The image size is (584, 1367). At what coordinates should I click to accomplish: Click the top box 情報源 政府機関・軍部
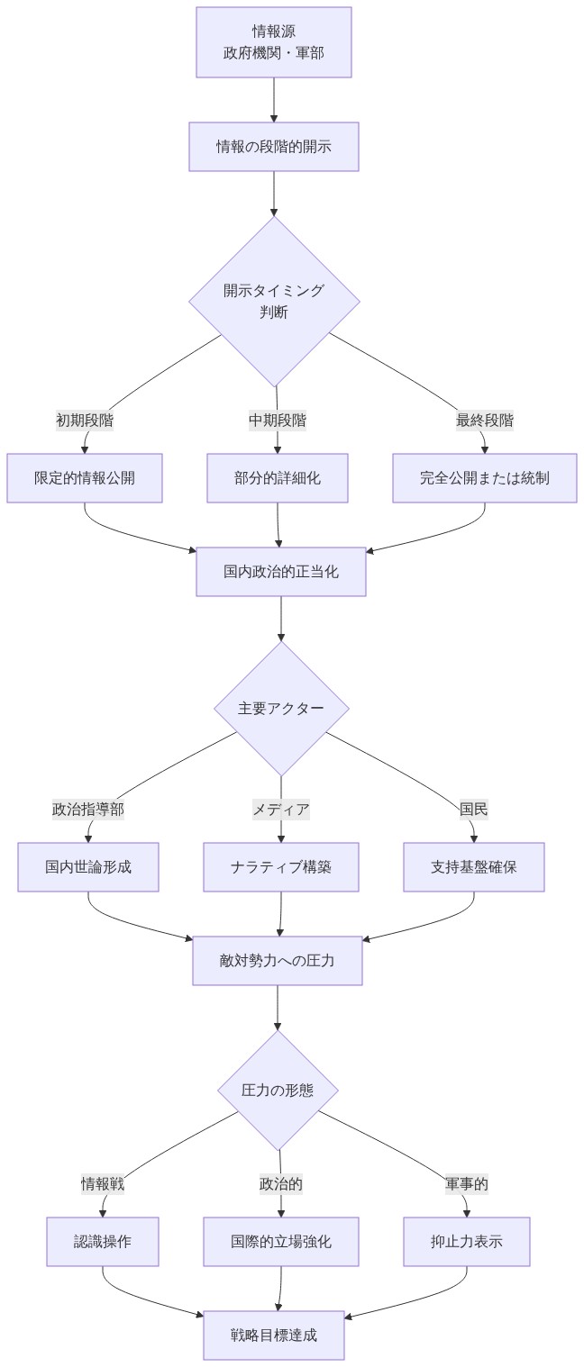pos(274,42)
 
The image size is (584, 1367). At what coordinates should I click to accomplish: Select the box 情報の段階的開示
pos(274,146)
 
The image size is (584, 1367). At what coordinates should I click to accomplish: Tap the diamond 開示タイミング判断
pos(274,301)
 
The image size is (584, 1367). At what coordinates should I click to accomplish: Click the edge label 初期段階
pos(85,420)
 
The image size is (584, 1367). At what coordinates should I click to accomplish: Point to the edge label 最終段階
pos(485,420)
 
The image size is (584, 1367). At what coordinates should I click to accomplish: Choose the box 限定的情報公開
pos(85,477)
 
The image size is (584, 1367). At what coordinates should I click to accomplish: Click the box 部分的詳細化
pos(278,477)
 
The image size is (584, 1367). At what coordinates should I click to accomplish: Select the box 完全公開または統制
pos(485,477)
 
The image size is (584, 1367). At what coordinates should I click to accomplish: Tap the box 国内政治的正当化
pos(281,571)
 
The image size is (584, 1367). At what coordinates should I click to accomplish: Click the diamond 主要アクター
pos(281,708)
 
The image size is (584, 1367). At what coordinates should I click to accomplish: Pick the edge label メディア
pos(281,809)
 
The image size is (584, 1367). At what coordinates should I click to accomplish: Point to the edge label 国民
pos(474,809)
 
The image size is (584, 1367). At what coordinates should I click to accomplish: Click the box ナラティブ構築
pos(281,866)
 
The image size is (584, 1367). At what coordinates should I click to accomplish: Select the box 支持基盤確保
pos(474,866)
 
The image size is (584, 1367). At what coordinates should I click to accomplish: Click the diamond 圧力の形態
pos(278,1090)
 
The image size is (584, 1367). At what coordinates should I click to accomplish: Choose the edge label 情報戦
pos(103,1183)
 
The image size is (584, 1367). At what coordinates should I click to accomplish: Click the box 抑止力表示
pos(467,1241)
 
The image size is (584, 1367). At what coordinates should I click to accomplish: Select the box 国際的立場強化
pos(281,1241)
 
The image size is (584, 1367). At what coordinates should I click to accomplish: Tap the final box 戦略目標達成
pos(274,1335)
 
